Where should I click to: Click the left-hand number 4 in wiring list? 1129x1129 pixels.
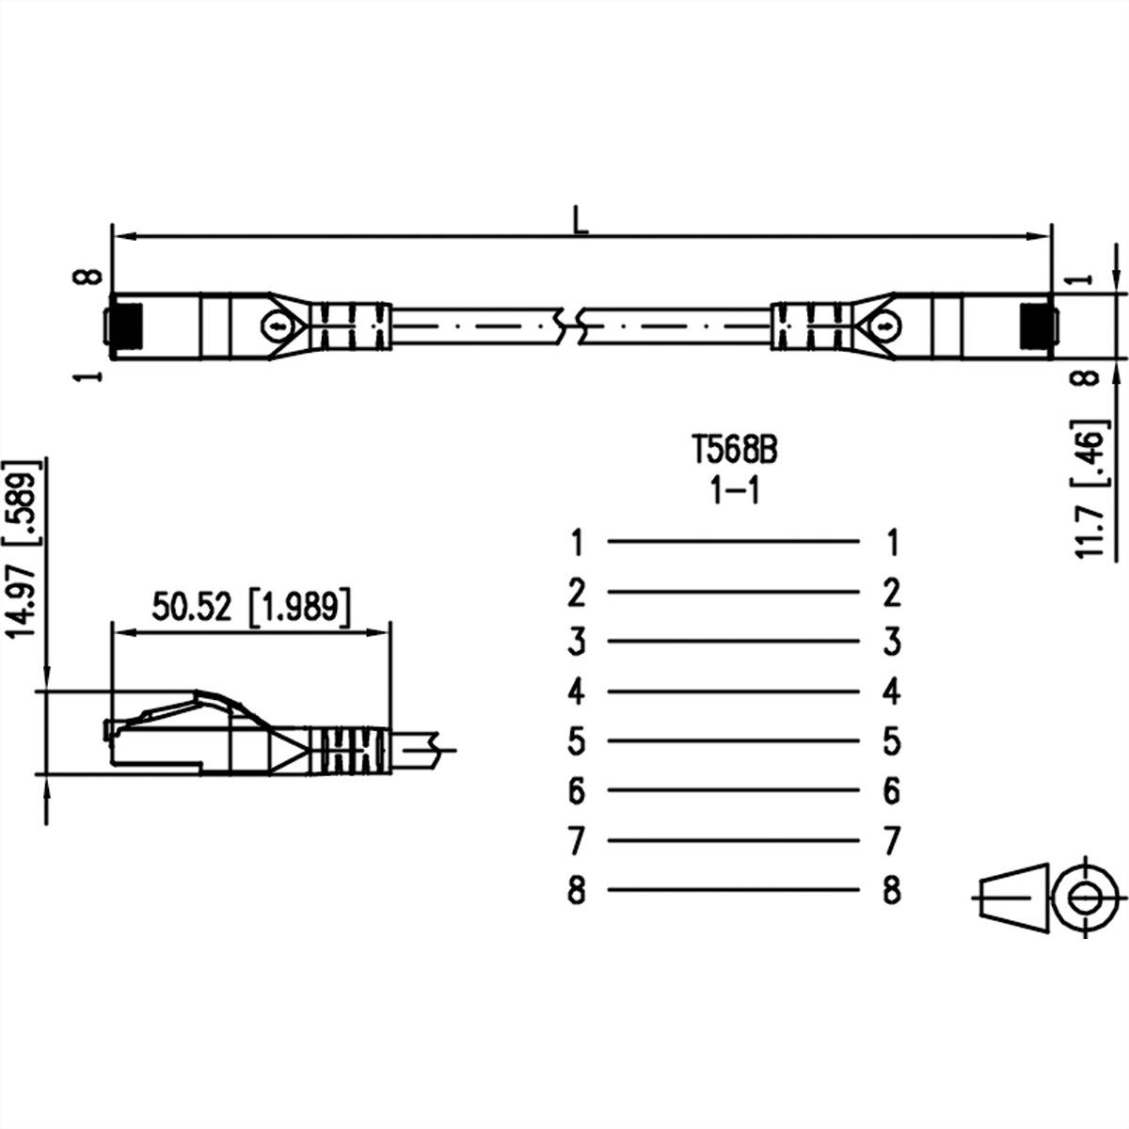point(577,692)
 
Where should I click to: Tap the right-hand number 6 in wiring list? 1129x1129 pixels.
point(892,791)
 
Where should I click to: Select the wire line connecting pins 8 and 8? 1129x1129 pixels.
point(734,889)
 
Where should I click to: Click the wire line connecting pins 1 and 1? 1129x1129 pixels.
point(734,541)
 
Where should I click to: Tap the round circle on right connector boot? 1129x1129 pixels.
point(884,326)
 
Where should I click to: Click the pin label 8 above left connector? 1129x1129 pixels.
point(90,277)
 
